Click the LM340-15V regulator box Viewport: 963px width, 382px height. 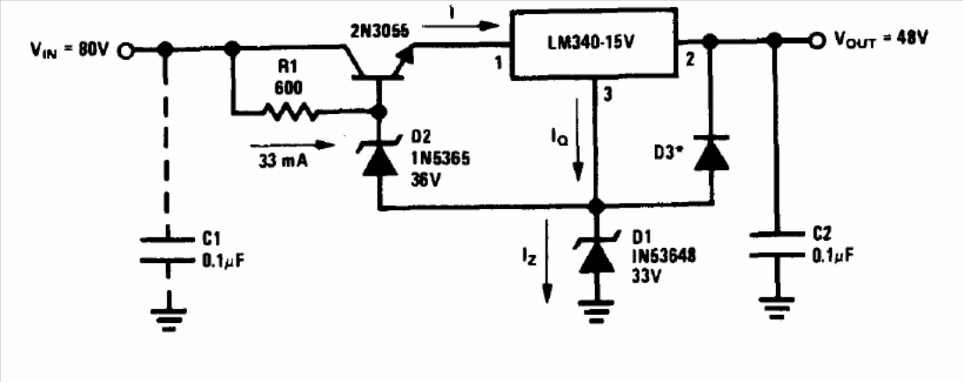pyautogui.click(x=595, y=43)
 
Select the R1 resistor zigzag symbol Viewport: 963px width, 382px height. pyautogui.click(x=290, y=112)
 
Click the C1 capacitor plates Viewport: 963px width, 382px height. pyautogui.click(x=165, y=249)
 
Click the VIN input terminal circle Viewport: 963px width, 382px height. pyautogui.click(x=125, y=51)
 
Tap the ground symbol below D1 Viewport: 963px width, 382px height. pyautogui.click(x=596, y=311)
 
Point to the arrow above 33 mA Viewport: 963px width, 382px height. pyautogui.click(x=292, y=146)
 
